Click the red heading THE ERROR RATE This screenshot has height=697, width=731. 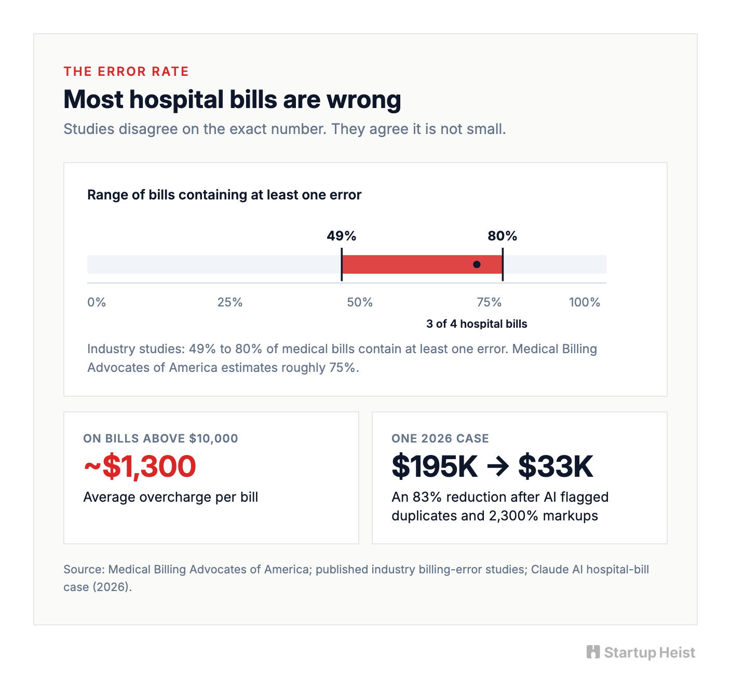[x=126, y=71]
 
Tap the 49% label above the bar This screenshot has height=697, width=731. [x=341, y=236]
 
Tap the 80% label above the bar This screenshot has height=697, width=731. [x=503, y=236]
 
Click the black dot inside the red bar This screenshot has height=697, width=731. [x=477, y=264]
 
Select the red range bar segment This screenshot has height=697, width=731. [x=422, y=264]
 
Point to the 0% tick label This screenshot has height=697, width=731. [x=96, y=302]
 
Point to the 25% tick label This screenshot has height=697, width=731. [x=230, y=302]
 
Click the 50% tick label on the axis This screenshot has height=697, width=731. [x=360, y=302]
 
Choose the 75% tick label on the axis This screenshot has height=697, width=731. [x=489, y=302]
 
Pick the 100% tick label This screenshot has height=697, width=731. [x=584, y=302]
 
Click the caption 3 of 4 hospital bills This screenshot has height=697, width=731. [x=477, y=324]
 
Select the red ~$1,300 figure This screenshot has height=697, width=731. [x=140, y=466]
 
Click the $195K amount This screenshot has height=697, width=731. [x=435, y=466]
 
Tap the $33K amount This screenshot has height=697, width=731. [x=556, y=466]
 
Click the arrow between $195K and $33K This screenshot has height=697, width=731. [x=498, y=467]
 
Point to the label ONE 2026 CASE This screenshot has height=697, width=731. [x=440, y=438]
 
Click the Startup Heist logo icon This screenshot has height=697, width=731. [x=593, y=652]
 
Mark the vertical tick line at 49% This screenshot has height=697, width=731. [x=342, y=264]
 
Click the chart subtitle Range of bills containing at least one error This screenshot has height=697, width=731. [x=224, y=195]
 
